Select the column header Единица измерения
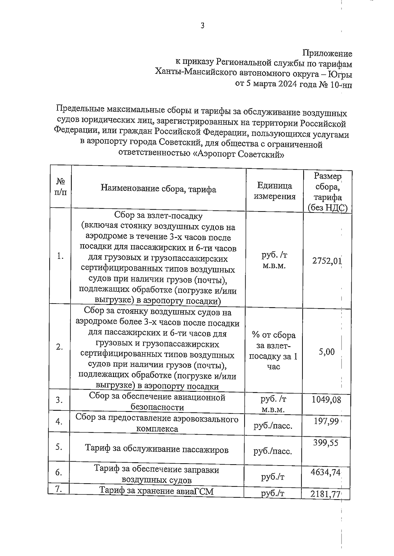(x=274, y=191)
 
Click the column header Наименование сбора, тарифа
(x=158, y=189)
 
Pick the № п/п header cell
(x=60, y=187)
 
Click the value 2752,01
(x=327, y=261)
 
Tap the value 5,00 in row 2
(x=327, y=352)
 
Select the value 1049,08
(x=326, y=399)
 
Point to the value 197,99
(x=326, y=421)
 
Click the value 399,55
(x=325, y=443)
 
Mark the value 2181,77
(x=325, y=494)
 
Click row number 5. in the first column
(x=59, y=447)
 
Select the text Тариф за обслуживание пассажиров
(x=157, y=449)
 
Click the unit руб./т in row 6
(x=273, y=477)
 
